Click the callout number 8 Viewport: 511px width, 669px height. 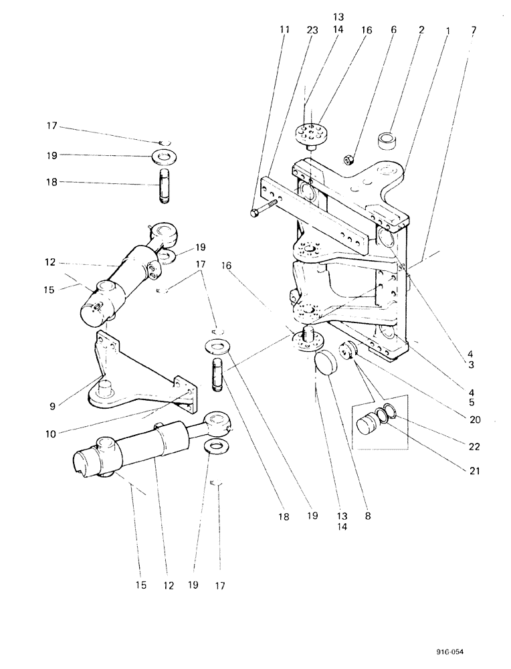[x=367, y=516]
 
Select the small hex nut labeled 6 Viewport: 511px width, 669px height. [x=349, y=159]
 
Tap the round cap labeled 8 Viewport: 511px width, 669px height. [x=328, y=367]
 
